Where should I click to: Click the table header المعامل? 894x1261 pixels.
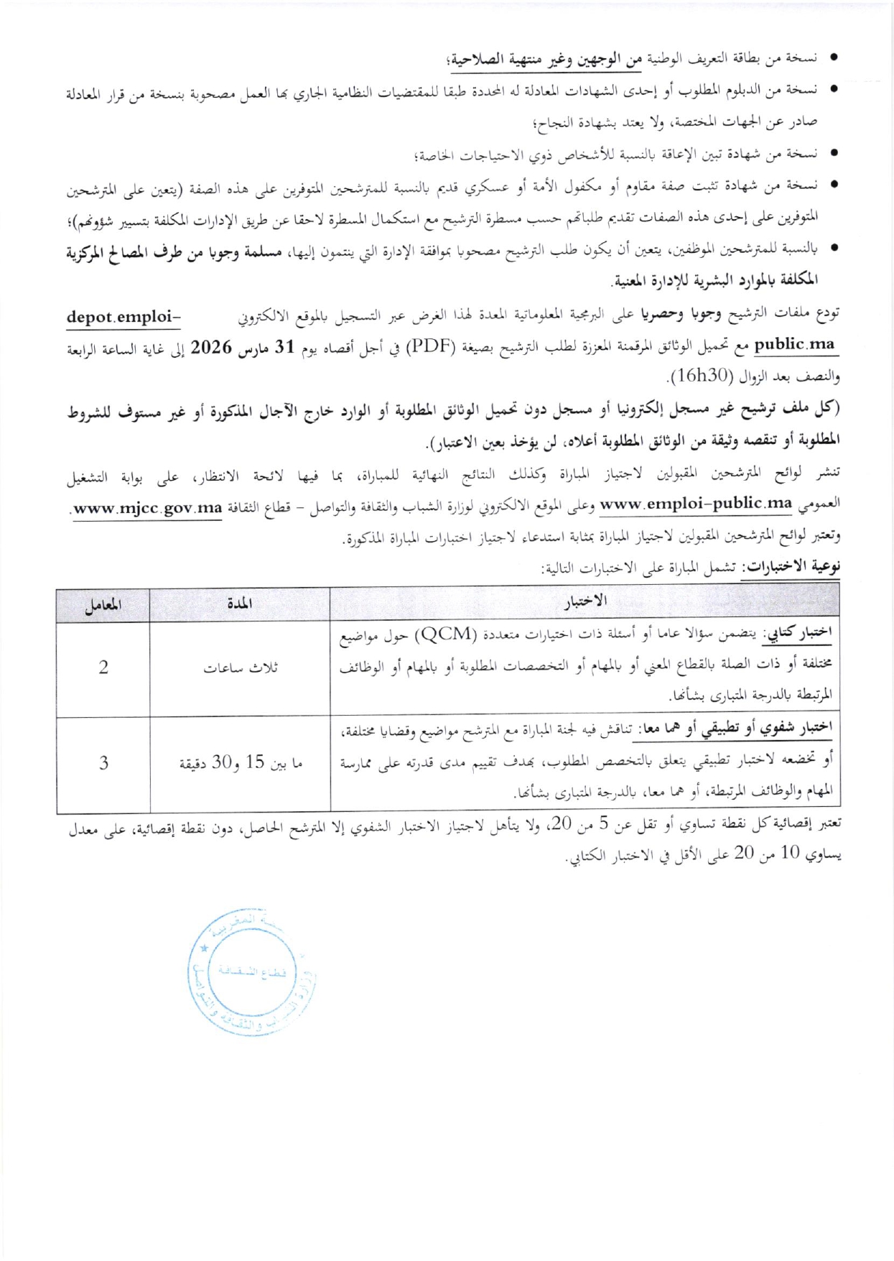pos(103,605)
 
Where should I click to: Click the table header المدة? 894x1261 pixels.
pos(239,604)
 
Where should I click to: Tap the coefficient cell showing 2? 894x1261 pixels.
pos(103,668)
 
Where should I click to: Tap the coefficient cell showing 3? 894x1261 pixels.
pos(103,762)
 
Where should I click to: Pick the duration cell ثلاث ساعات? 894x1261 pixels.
pos(240,668)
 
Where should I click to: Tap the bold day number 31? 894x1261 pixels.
pos(286,347)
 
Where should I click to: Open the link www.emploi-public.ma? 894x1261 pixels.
pos(696,503)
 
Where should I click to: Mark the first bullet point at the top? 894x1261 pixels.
pos(834,58)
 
